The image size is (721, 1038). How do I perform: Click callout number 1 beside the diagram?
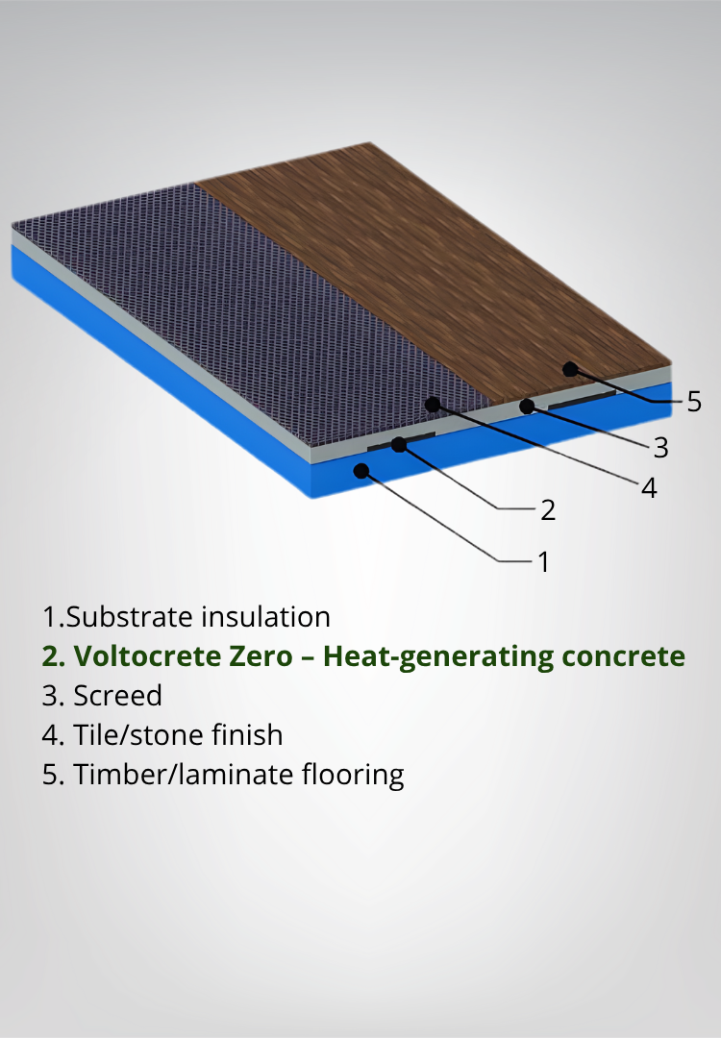click(543, 560)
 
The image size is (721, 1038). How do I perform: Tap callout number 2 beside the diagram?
click(548, 509)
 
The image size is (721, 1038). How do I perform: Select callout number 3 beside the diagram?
click(659, 447)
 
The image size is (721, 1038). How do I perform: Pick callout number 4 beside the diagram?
click(649, 488)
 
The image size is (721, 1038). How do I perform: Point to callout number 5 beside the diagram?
click(694, 402)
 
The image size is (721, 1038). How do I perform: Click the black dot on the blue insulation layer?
click(361, 470)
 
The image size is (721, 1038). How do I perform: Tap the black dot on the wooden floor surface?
click(570, 368)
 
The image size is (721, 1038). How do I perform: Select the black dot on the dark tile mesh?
click(433, 404)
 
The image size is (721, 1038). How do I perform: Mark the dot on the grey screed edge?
click(527, 407)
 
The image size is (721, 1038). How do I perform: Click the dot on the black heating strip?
click(399, 444)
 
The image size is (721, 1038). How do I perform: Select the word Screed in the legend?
click(118, 695)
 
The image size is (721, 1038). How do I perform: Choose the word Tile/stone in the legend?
click(130, 735)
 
